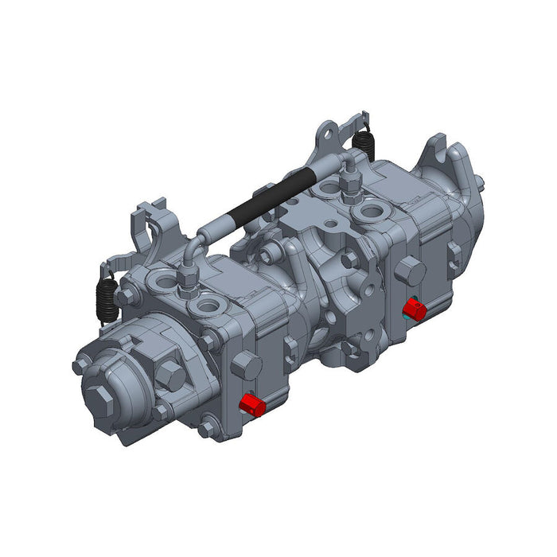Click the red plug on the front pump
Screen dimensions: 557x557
point(252,404)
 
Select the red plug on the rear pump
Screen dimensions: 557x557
point(414,307)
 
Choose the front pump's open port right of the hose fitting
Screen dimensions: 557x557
point(208,306)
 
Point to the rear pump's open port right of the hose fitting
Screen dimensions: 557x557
point(372,212)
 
